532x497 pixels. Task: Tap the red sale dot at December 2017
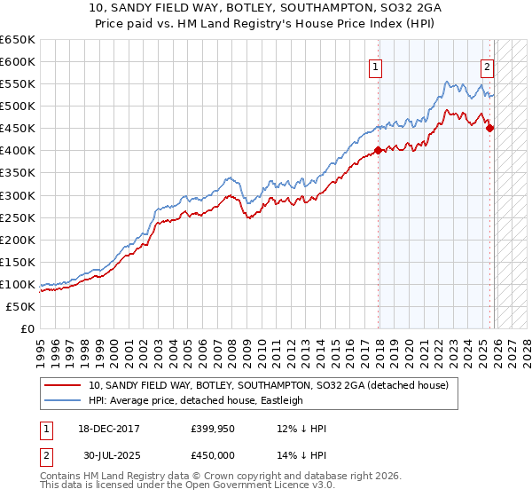379,150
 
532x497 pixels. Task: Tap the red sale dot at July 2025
490,128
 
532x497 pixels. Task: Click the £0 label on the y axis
27,328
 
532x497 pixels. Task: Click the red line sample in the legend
62,386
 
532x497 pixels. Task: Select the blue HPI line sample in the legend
62,400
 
